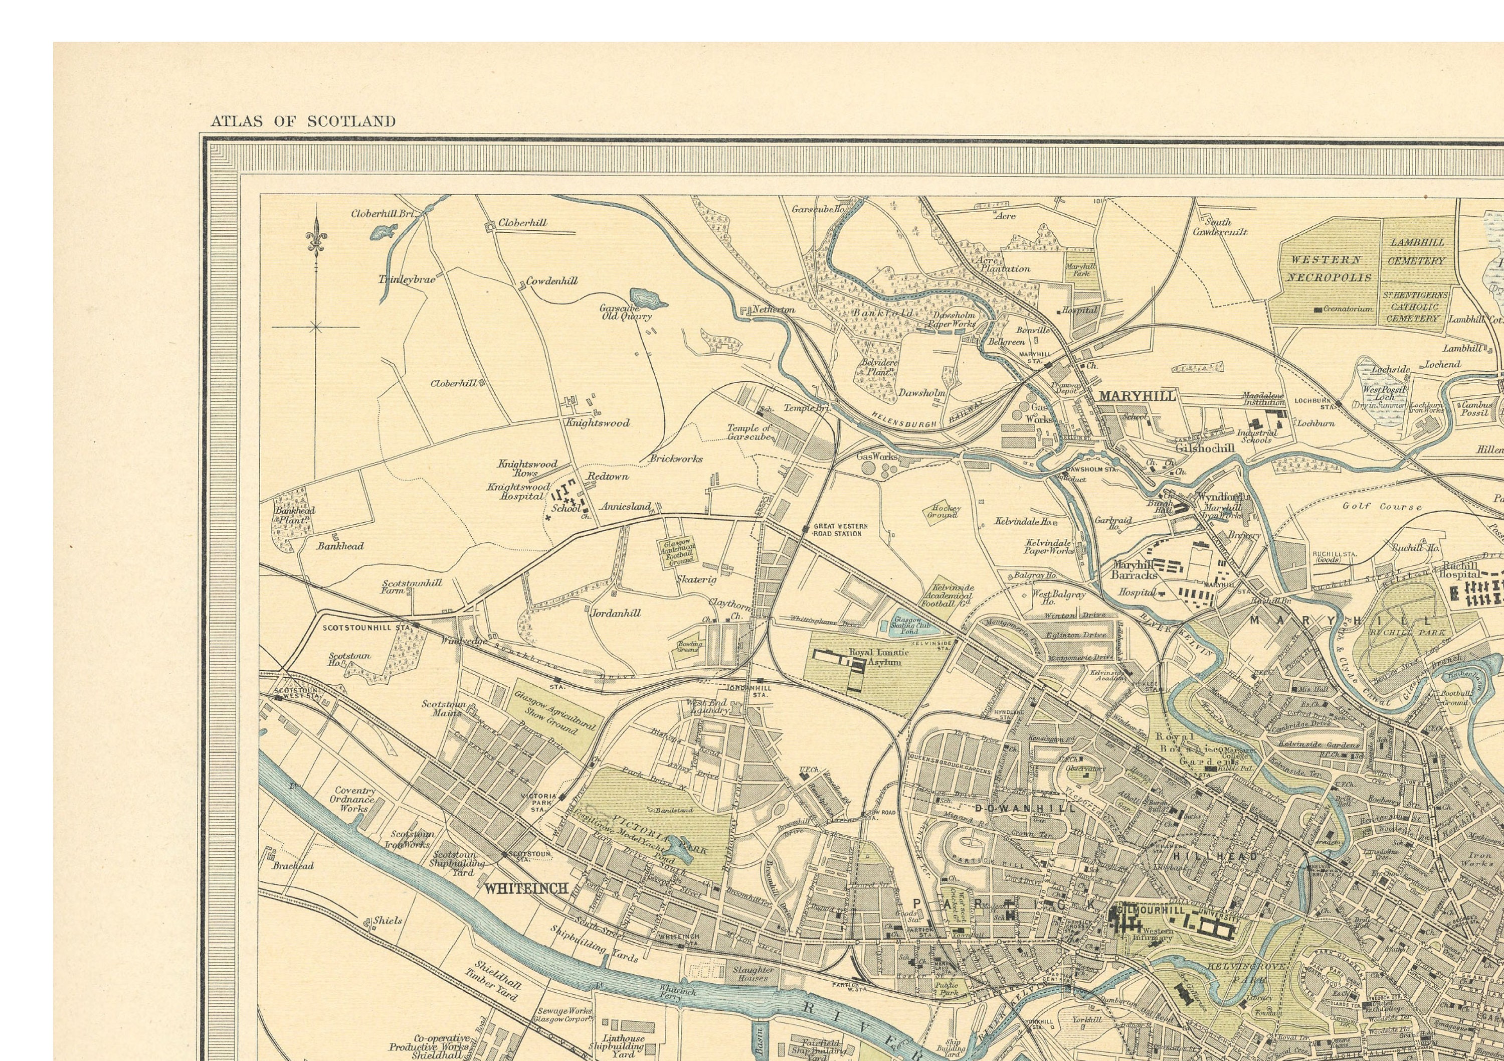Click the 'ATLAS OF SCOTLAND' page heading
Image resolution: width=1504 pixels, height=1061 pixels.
click(303, 121)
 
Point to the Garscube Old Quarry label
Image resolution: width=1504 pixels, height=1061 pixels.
click(627, 312)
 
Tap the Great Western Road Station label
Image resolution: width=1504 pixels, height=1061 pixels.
click(840, 530)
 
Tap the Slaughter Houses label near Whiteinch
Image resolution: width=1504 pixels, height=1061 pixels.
click(754, 974)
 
